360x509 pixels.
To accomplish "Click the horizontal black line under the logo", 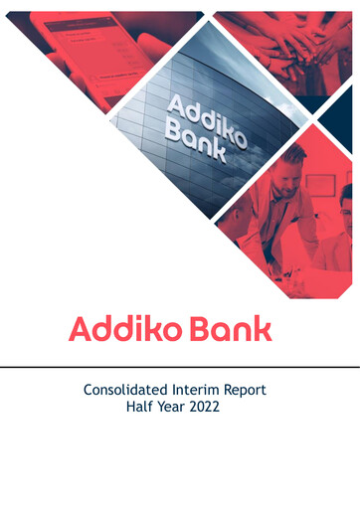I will pos(180,367).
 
